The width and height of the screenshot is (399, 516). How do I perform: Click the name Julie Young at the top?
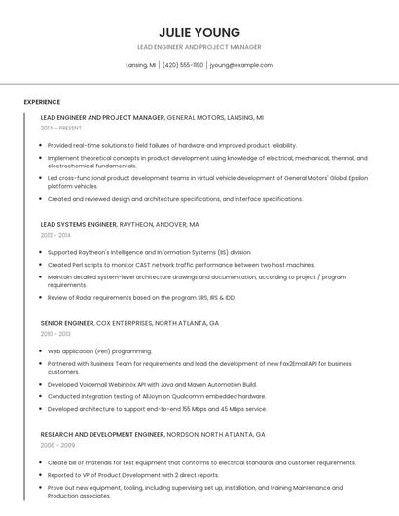tap(199, 31)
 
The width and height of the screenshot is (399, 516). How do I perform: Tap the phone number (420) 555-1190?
tap(183, 65)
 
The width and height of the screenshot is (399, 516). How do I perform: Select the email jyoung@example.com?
tap(241, 65)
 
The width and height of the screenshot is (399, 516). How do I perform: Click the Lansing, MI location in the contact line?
tap(141, 65)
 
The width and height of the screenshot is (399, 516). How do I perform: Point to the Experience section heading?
tap(42, 102)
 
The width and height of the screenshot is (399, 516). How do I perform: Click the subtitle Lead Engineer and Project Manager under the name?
tap(199, 47)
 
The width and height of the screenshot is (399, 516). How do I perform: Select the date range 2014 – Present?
tap(61, 128)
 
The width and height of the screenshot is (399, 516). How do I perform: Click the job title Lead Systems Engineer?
tap(78, 224)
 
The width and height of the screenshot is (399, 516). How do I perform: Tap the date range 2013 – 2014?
tap(56, 235)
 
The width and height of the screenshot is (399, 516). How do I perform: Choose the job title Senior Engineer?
tap(66, 322)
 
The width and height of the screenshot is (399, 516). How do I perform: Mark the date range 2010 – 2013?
tap(56, 334)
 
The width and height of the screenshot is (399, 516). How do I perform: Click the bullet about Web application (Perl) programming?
tap(99, 350)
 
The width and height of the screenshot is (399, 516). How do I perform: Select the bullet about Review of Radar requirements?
tap(141, 297)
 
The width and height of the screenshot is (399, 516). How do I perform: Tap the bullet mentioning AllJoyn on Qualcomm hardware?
tap(156, 396)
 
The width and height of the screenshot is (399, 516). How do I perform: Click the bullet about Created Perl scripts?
tap(181, 264)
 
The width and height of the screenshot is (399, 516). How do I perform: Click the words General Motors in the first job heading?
tap(197, 117)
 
